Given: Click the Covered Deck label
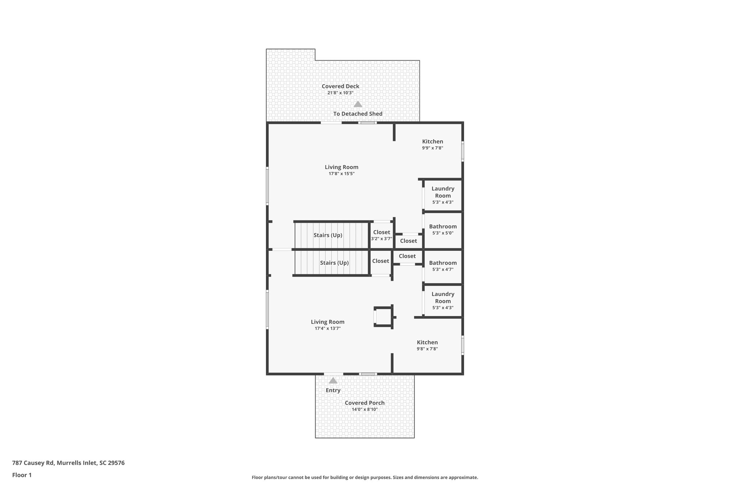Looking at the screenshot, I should click(x=340, y=86).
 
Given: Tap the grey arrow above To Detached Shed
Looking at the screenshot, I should click(x=358, y=104).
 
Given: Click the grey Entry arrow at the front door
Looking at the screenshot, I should click(x=333, y=381).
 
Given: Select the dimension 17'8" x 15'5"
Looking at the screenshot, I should click(x=341, y=174).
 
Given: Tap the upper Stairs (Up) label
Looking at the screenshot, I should click(x=328, y=235).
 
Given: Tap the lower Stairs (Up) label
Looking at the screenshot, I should click(x=334, y=263).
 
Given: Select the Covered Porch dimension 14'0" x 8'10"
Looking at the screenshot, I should click(x=365, y=409).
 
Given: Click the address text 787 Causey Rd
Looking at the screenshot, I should click(x=68, y=463).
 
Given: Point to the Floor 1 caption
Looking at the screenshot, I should click(x=22, y=475).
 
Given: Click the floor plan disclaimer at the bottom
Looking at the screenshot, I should click(x=365, y=477).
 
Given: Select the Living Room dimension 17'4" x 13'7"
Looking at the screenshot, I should click(x=328, y=329).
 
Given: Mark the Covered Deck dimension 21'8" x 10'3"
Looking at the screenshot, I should click(x=340, y=93).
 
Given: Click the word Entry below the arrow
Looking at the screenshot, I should click(x=333, y=390).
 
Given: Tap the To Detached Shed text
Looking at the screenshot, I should click(x=358, y=114).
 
